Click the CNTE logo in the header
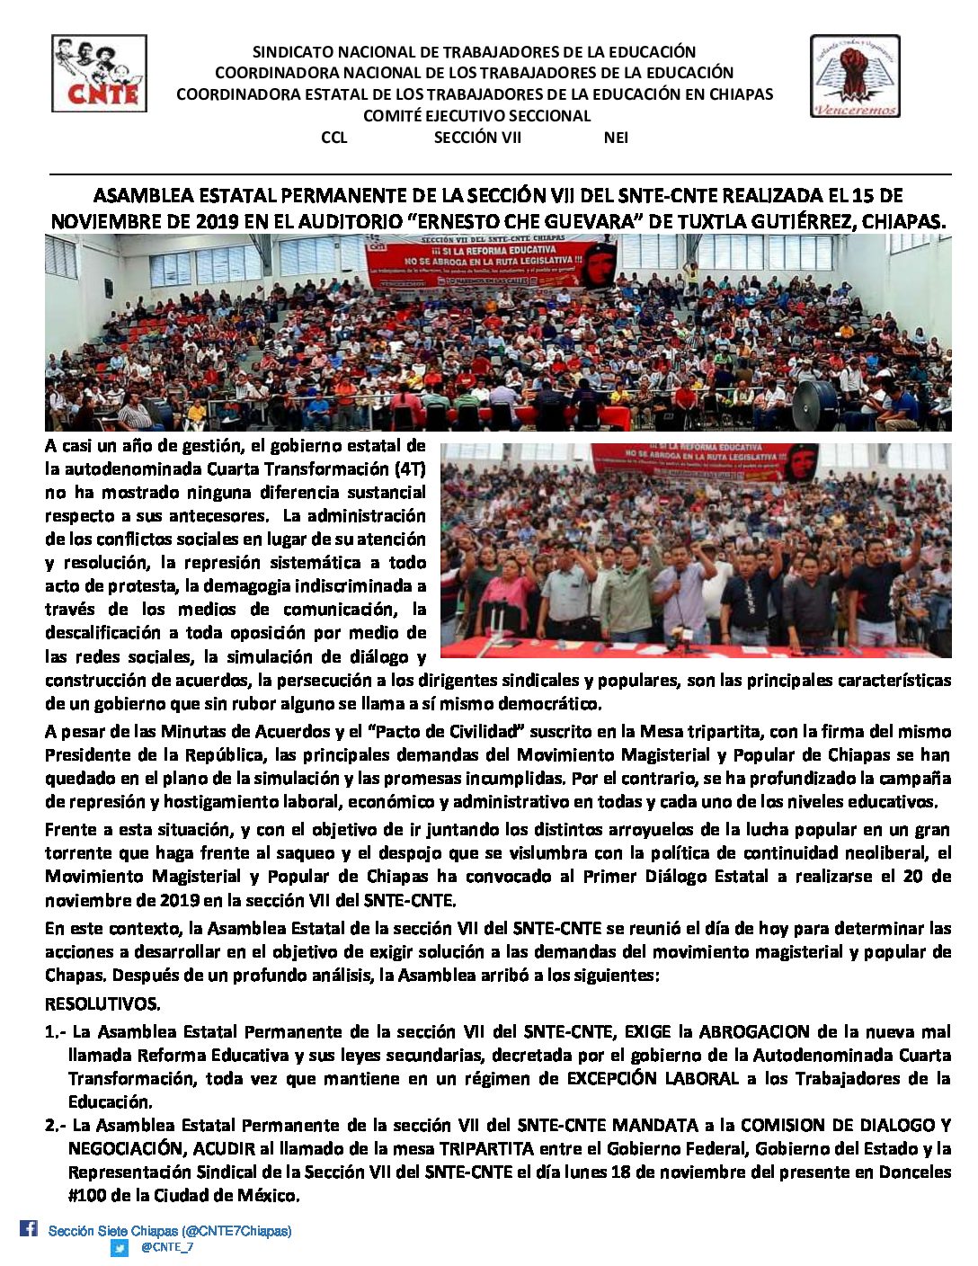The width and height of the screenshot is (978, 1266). (99, 74)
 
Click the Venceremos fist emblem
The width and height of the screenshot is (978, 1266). (854, 76)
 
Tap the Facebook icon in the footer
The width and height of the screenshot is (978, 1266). (29, 1228)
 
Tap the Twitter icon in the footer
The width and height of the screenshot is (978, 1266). (120, 1247)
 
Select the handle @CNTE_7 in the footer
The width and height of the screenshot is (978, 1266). (167, 1247)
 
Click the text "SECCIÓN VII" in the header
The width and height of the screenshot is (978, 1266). (477, 138)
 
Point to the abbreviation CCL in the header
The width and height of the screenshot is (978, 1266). (333, 138)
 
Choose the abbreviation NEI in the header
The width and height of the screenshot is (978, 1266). (616, 138)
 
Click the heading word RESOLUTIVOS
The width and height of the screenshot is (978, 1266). (102, 1003)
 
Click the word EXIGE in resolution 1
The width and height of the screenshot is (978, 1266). (647, 1031)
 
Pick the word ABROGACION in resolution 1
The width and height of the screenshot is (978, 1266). (751, 1031)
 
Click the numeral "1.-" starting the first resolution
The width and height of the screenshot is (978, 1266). (55, 1031)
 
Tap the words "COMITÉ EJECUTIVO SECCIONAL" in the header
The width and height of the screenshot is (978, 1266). (476, 116)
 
